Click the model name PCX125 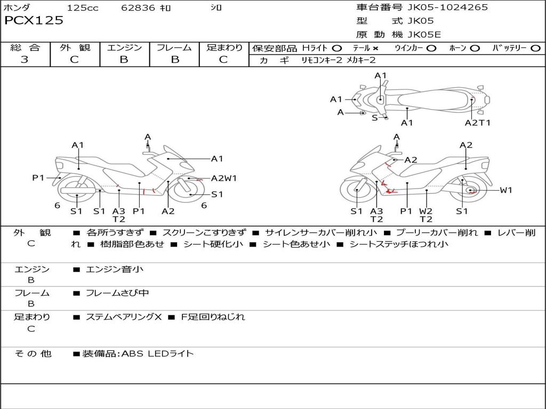click(34, 21)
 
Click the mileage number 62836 click(138, 8)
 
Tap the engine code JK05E click(424, 35)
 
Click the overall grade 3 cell click(25, 60)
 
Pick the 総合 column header click(25, 47)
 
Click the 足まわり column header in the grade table click(224, 47)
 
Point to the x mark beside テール click(375, 48)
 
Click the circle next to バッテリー click(535, 48)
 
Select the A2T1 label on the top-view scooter click(478, 122)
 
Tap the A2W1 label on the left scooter click(224, 178)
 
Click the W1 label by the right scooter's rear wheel click(506, 190)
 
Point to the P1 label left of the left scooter click(38, 178)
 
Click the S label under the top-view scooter click(374, 118)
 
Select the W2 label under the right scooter click(425, 211)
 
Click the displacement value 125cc click(83, 8)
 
